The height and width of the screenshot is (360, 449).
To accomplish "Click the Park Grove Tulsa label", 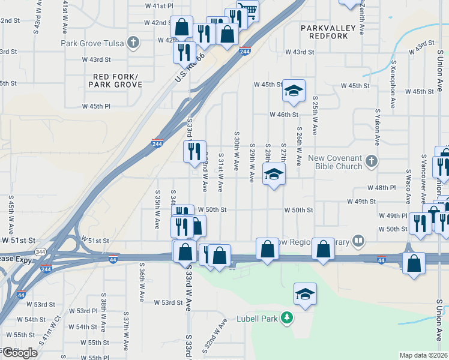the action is (93, 43).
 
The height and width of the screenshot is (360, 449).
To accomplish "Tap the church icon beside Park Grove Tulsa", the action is (133, 43).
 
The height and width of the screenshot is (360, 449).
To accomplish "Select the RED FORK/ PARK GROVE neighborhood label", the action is (115, 80).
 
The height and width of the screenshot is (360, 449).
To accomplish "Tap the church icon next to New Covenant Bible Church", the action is (372, 161).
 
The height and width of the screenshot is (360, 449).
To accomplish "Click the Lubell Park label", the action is (256, 319).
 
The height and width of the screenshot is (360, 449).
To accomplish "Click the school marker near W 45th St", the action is (293, 90).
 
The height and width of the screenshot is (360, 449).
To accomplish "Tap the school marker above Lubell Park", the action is (305, 294).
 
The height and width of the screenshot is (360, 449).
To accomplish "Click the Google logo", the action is (20, 353).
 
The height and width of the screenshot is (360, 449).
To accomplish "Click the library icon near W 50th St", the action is (358, 241).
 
